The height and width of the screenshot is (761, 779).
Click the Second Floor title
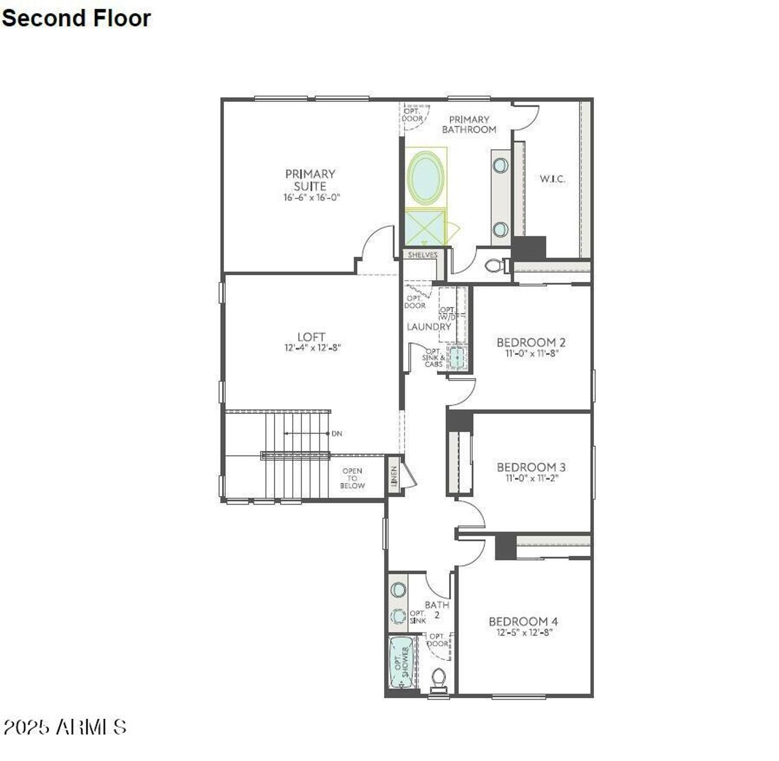[76, 18]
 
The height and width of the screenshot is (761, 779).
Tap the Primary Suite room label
[310, 180]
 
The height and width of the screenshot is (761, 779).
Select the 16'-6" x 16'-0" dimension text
[311, 197]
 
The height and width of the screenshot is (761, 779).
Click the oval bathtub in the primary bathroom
[426, 177]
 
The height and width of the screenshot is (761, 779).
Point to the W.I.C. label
[552, 179]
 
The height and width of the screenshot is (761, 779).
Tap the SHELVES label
[422, 255]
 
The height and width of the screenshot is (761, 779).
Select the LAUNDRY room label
[428, 327]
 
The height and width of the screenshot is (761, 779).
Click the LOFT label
[311, 337]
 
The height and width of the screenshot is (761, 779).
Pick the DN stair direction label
[337, 433]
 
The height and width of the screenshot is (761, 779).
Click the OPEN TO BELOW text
[352, 478]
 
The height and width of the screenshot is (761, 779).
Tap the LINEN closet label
[394, 477]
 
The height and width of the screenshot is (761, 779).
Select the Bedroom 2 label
[531, 342]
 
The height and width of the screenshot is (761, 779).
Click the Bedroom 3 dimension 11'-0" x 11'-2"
[531, 478]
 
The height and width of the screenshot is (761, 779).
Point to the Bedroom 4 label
[523, 622]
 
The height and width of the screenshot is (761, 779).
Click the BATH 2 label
[437, 609]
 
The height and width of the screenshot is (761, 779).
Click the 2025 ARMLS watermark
[65, 726]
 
